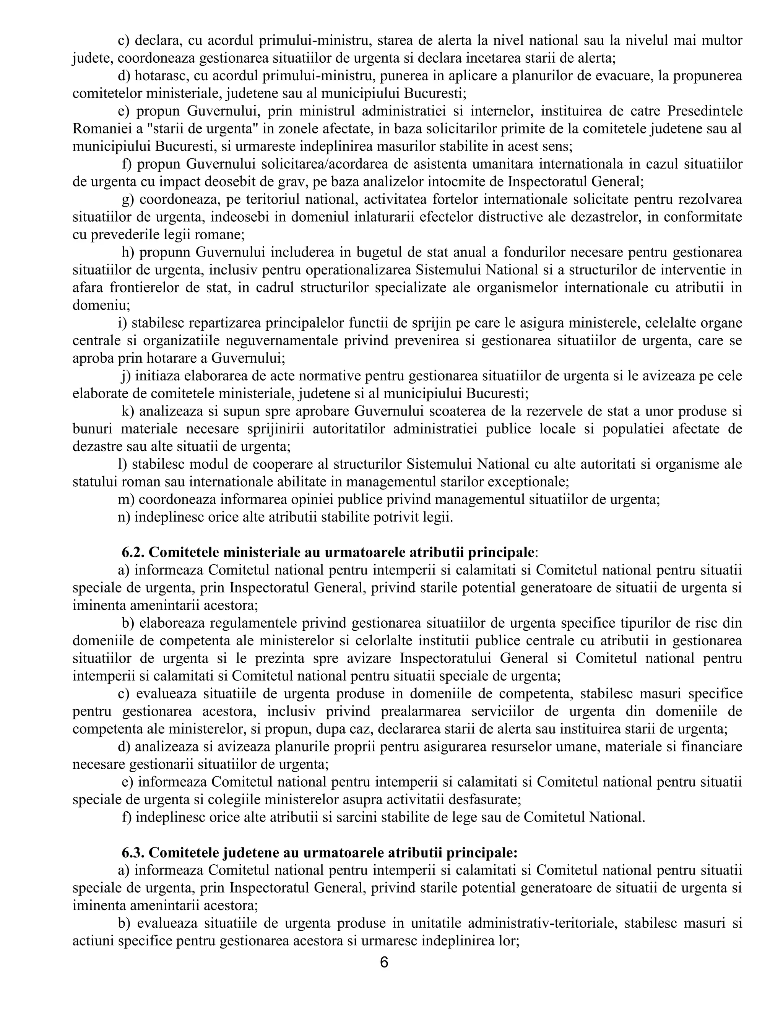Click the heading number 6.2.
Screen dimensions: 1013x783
click(x=133, y=552)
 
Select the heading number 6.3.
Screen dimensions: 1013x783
click(x=133, y=852)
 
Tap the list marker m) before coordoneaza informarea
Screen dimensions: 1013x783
click(x=126, y=500)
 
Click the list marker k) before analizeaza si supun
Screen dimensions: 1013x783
click(x=128, y=411)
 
